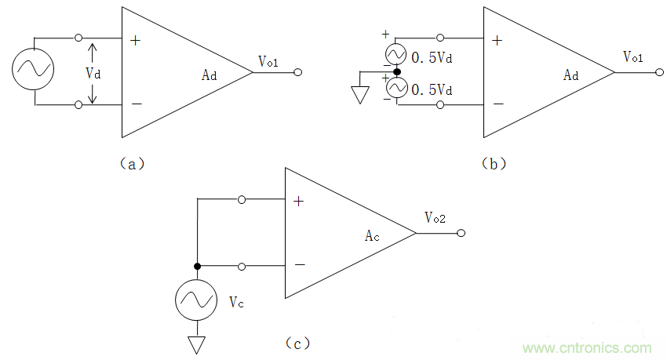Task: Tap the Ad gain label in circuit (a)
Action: [x=209, y=75]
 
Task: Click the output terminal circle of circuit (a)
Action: [x=298, y=72]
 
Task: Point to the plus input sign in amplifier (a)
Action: [x=136, y=40]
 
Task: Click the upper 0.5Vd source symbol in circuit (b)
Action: [x=397, y=54]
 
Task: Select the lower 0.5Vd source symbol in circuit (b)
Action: [x=397, y=89]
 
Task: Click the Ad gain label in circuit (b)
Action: [x=571, y=75]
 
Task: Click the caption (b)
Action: [x=494, y=163]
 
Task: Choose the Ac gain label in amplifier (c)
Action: [x=373, y=236]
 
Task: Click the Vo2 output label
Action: [x=435, y=218]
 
